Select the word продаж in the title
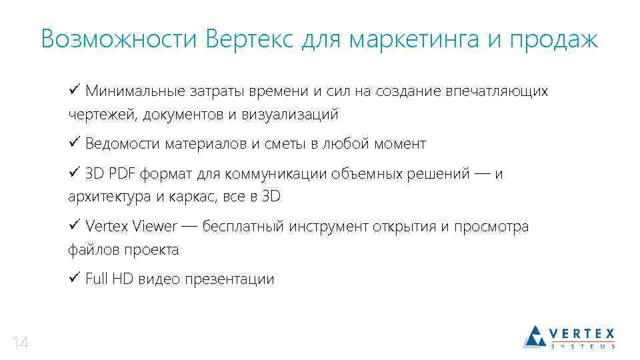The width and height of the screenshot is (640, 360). (x=553, y=40)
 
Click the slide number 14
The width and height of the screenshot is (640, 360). (x=21, y=344)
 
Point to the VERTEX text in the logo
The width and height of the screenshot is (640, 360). (x=581, y=333)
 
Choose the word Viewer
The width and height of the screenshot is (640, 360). (x=155, y=227)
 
